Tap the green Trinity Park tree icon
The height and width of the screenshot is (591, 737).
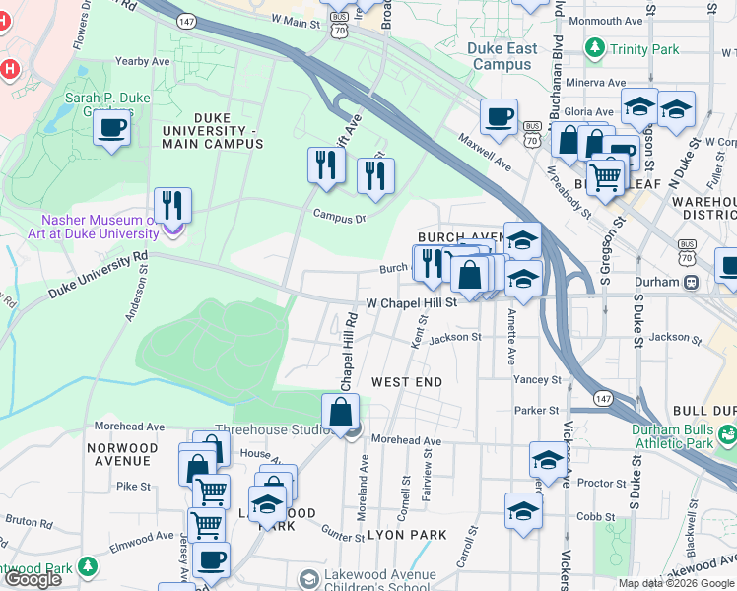click(x=595, y=47)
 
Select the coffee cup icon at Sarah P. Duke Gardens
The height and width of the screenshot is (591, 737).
click(x=112, y=128)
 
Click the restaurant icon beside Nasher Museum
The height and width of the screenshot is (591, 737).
click(x=172, y=206)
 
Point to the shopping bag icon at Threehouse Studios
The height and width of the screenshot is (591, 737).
click(x=340, y=414)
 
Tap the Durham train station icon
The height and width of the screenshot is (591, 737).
click(x=692, y=282)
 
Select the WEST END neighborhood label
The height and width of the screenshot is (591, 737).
click(x=406, y=381)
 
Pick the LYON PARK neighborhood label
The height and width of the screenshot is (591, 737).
click(x=406, y=535)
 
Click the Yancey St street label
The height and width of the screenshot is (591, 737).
click(x=537, y=379)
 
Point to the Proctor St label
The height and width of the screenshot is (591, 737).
click(x=595, y=484)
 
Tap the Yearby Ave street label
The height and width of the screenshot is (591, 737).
click(x=145, y=61)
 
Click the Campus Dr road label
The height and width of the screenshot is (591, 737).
click(x=339, y=216)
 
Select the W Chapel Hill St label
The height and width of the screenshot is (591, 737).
click(x=411, y=303)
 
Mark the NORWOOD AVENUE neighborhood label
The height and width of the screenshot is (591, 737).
click(x=122, y=453)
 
